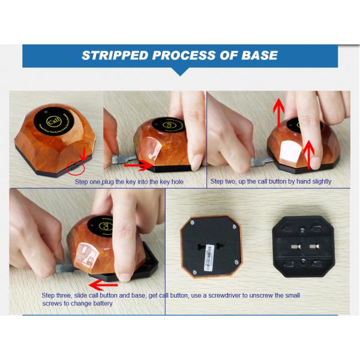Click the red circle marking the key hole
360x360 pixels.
77,165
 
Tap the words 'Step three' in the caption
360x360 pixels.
58,295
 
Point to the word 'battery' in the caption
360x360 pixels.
101,304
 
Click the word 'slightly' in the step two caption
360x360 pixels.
319,181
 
